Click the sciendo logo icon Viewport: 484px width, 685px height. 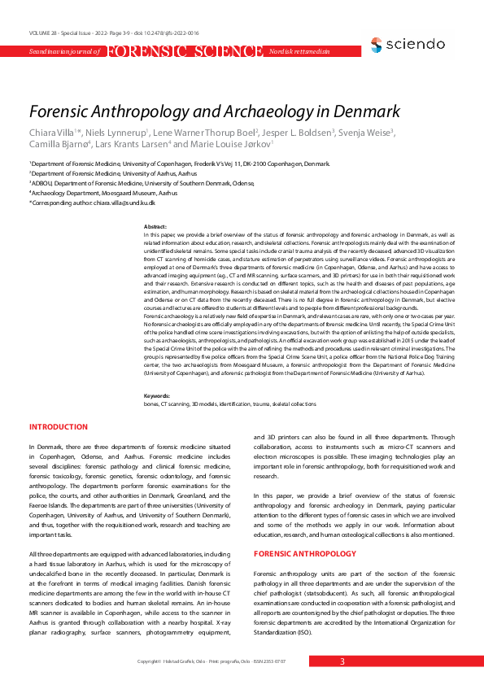pyautogui.click(x=376, y=43)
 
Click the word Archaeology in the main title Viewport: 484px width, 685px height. pyautogui.click(x=261, y=111)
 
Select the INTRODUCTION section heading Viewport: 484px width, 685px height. pyautogui.click(x=59, y=427)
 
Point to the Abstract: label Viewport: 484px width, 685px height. pyautogui.click(x=155, y=225)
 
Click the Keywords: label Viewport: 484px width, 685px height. pyautogui.click(x=157, y=395)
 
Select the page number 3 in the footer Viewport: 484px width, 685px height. pyautogui.click(x=342, y=661)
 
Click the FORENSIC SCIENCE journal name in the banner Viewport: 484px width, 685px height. pyautogui.click(x=184, y=52)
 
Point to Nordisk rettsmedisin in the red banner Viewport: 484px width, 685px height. pyautogui.click(x=299, y=52)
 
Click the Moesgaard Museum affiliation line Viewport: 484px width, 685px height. pyautogui.click(x=103, y=193)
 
